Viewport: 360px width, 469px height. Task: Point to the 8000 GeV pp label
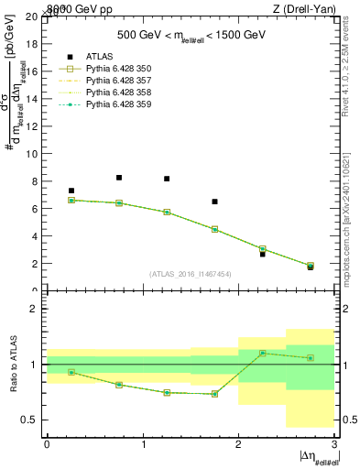(76, 8)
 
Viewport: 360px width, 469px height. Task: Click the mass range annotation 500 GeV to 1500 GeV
(191, 35)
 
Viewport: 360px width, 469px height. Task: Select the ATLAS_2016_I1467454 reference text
(191, 274)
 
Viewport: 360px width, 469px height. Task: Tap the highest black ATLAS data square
(119, 178)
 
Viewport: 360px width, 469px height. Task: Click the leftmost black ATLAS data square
(71, 191)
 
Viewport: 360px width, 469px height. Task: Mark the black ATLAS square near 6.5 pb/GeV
(214, 202)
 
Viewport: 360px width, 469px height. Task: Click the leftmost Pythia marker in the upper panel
(71, 200)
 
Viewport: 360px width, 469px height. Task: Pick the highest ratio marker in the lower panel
(262, 353)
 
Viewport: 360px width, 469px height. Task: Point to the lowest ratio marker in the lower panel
(214, 394)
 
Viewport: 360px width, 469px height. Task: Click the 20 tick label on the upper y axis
(33, 16)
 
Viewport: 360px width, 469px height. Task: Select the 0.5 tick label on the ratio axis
(29, 420)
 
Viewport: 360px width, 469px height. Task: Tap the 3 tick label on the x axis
(334, 444)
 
